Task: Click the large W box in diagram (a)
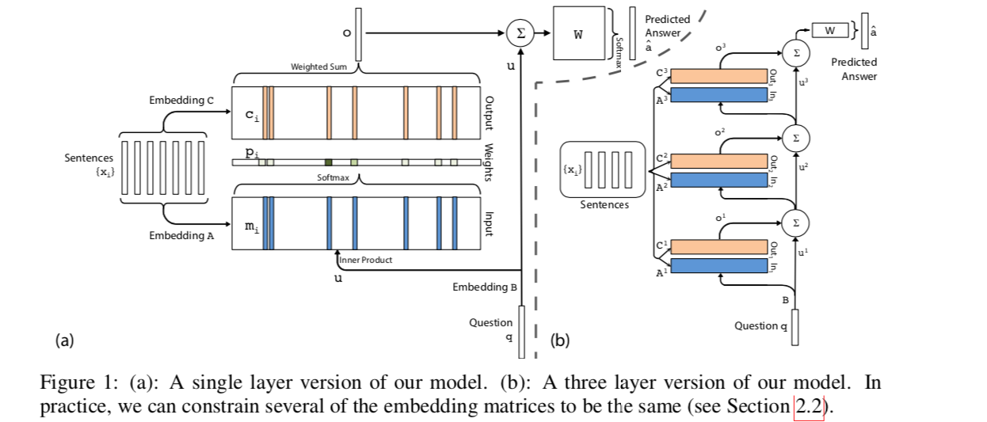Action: (578, 33)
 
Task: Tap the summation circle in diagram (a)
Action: (520, 33)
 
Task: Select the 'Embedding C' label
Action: (181, 101)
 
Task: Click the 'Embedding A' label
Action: (181, 235)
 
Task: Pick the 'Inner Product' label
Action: (365, 260)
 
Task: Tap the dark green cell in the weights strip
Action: (329, 162)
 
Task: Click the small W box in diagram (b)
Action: (829, 30)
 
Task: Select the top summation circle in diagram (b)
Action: (796, 52)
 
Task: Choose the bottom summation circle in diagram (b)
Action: (796, 224)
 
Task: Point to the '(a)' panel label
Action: (64, 340)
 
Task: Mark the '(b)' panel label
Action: (560, 341)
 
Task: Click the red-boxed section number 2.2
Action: (808, 407)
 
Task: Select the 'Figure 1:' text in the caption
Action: (74, 383)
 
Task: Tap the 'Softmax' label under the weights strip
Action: (333, 178)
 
